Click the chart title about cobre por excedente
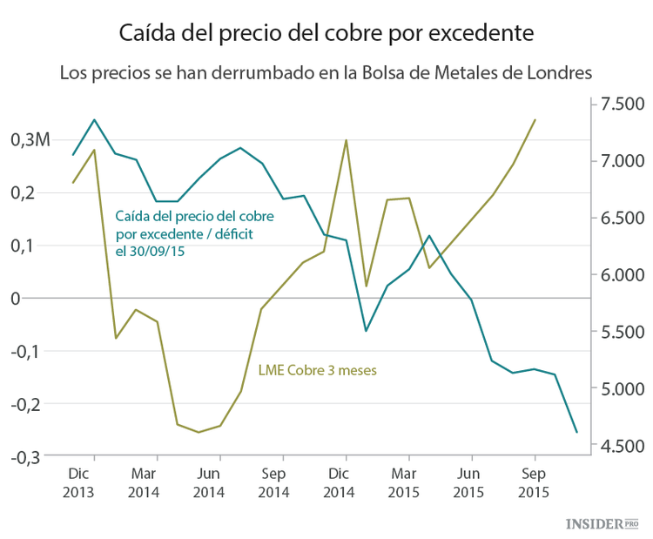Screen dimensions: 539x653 pyautogui.click(x=326, y=34)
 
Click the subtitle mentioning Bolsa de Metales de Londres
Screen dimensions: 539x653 pyautogui.click(x=326, y=72)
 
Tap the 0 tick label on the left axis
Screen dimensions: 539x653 pyautogui.click(x=39, y=299)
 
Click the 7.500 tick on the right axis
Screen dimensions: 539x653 pyautogui.click(x=619, y=104)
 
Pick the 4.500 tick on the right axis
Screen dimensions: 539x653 pyautogui.click(x=619, y=446)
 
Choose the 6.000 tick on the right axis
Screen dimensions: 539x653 pyautogui.click(x=619, y=275)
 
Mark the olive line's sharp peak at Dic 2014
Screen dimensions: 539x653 pyautogui.click(x=346, y=140)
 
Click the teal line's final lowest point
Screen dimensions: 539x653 pyautogui.click(x=576, y=432)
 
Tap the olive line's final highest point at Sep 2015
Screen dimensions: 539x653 pyautogui.click(x=535, y=120)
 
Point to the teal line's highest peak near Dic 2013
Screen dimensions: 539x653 pyautogui.click(x=94, y=119)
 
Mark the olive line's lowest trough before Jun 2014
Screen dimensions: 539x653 pyautogui.click(x=199, y=432)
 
